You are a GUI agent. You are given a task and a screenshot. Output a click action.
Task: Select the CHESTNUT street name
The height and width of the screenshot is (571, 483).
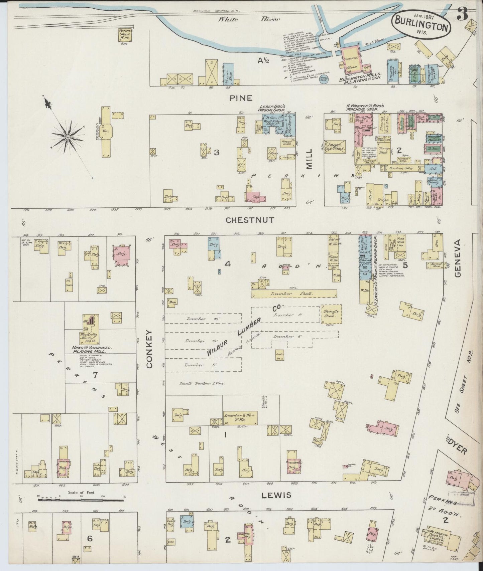click(250, 220)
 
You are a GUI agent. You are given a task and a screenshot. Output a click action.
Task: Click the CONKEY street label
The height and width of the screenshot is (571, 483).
click(149, 349)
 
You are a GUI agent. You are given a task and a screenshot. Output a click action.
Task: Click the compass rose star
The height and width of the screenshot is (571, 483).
click(68, 137)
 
